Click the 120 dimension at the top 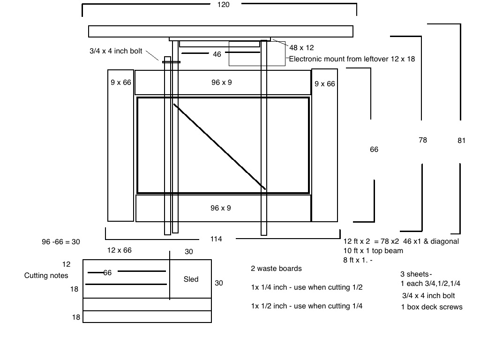coord(224,5)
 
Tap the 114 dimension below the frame coord(216,239)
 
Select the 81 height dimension coord(461,140)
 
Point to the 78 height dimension coord(423,140)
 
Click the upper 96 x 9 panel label coord(222,82)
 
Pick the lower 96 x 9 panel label coord(221,208)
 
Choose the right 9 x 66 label coord(325,84)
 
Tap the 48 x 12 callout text coord(301,48)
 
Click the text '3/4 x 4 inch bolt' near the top coord(116,51)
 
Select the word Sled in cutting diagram coord(191,279)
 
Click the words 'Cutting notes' coord(46,276)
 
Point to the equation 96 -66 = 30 coord(61,242)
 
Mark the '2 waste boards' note coord(276,269)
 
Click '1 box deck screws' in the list coord(432,307)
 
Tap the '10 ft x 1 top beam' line coord(373,251)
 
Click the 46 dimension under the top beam coord(217,54)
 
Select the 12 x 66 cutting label coord(120,250)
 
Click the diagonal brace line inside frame coord(219,147)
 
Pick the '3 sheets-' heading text coord(416,274)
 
